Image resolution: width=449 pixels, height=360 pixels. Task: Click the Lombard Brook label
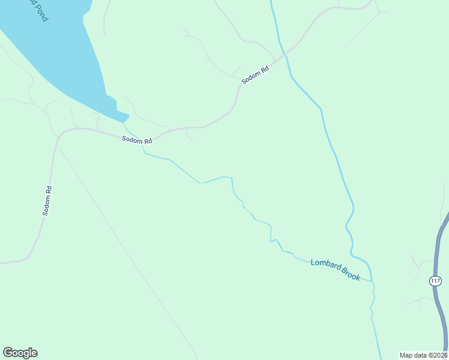[335, 269]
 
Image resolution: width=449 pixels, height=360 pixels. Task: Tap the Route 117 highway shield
[435, 281]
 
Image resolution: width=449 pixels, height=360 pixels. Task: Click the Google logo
[20, 353]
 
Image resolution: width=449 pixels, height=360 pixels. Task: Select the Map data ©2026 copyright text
[423, 355]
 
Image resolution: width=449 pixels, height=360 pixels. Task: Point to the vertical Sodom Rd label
[47, 201]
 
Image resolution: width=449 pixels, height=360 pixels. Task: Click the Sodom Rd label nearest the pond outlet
[137, 140]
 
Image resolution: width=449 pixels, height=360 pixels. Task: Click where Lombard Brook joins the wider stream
[373, 281]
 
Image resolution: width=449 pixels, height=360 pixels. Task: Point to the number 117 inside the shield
[435, 281]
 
